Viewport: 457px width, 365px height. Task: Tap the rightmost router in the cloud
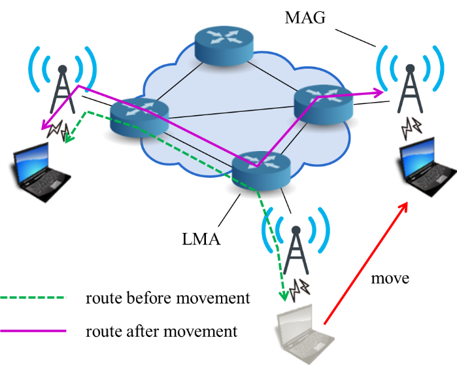click(x=324, y=105)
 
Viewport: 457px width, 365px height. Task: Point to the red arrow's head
click(x=405, y=205)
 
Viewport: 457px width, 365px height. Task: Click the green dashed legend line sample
click(x=33, y=298)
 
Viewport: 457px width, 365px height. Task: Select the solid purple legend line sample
click(x=33, y=331)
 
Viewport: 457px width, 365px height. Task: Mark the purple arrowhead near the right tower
click(x=381, y=94)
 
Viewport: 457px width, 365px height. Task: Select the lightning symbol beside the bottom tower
click(x=301, y=286)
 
